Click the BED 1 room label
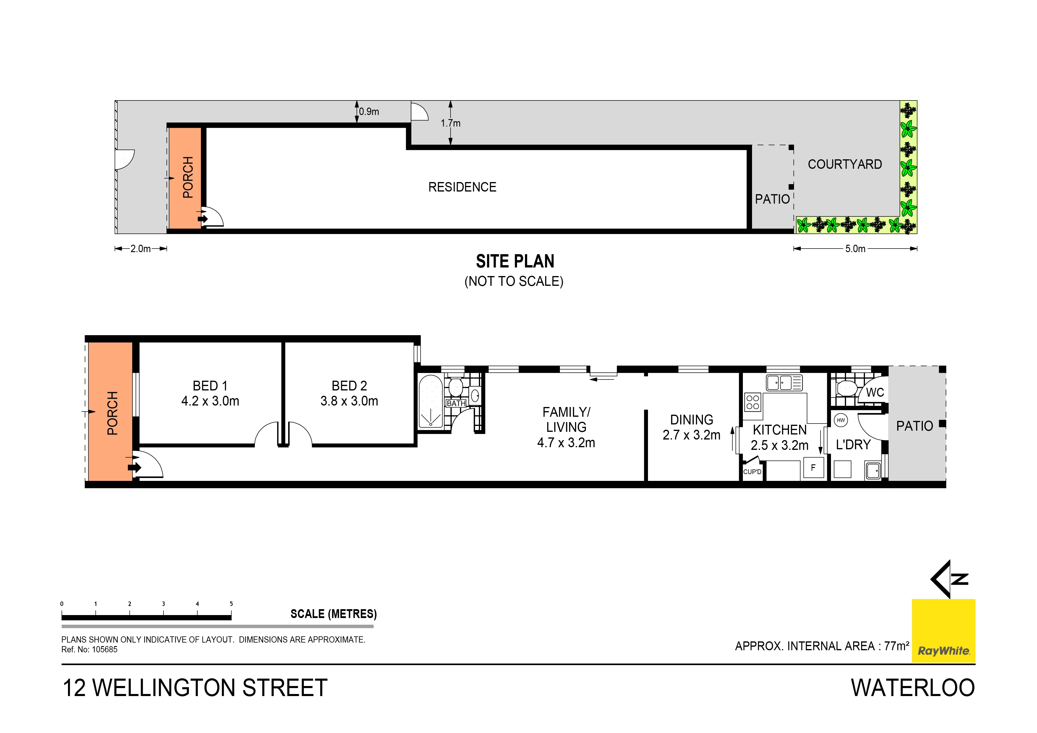tap(210, 386)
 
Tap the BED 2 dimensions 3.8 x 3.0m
tap(349, 401)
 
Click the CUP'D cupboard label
tap(752, 472)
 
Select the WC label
tap(875, 393)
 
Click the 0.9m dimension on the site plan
tap(369, 111)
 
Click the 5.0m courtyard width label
tap(855, 249)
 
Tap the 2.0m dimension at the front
tap(140, 249)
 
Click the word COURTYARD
tap(845, 164)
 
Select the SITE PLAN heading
tap(515, 262)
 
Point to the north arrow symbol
tap(949, 579)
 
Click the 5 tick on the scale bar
tap(231, 604)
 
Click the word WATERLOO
tap(913, 688)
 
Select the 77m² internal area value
tap(896, 646)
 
